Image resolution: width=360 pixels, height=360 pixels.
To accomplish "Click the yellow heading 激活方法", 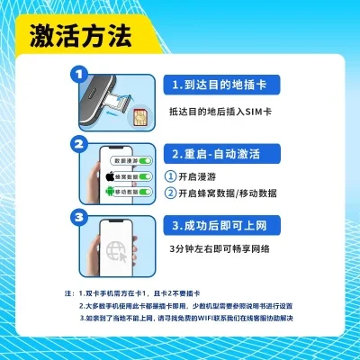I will click(80, 37).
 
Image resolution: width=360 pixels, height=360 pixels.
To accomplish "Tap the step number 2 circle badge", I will click(79, 145).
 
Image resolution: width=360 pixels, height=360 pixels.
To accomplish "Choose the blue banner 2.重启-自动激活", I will click(220, 154).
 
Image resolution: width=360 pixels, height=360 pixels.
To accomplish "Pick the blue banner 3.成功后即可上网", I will click(221, 224).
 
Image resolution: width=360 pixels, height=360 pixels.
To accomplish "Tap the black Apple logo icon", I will click(111, 176).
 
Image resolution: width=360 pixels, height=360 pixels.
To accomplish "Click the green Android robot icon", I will click(111, 192).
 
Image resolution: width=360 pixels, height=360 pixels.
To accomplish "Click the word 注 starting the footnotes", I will click(67, 294).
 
